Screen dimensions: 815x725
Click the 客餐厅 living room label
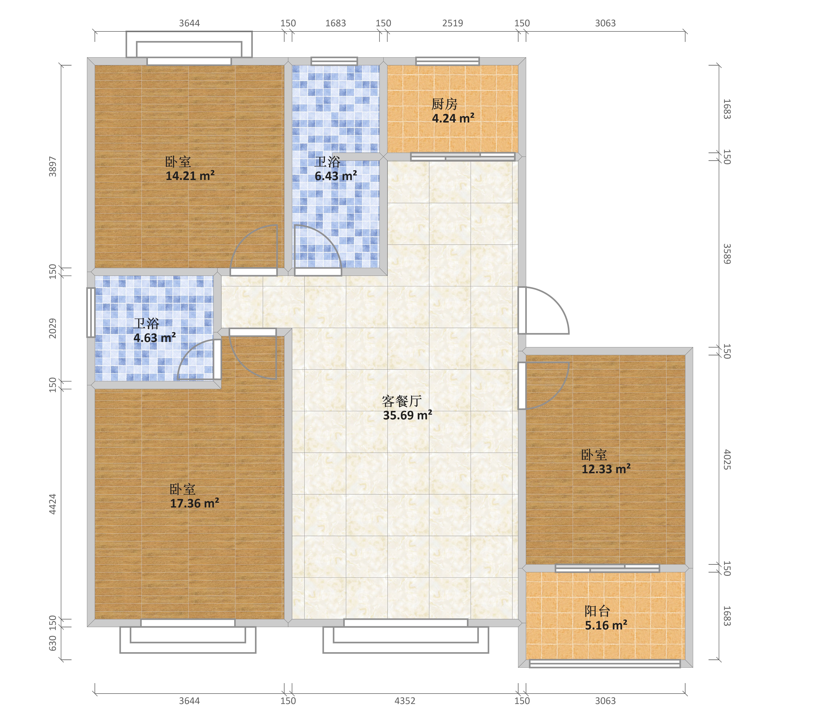tap(402, 401)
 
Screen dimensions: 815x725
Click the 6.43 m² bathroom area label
tap(336, 176)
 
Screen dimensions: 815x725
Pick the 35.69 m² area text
tap(407, 415)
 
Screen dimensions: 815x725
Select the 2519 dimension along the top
tap(453, 23)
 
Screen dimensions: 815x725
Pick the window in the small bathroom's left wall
tap(91, 312)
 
